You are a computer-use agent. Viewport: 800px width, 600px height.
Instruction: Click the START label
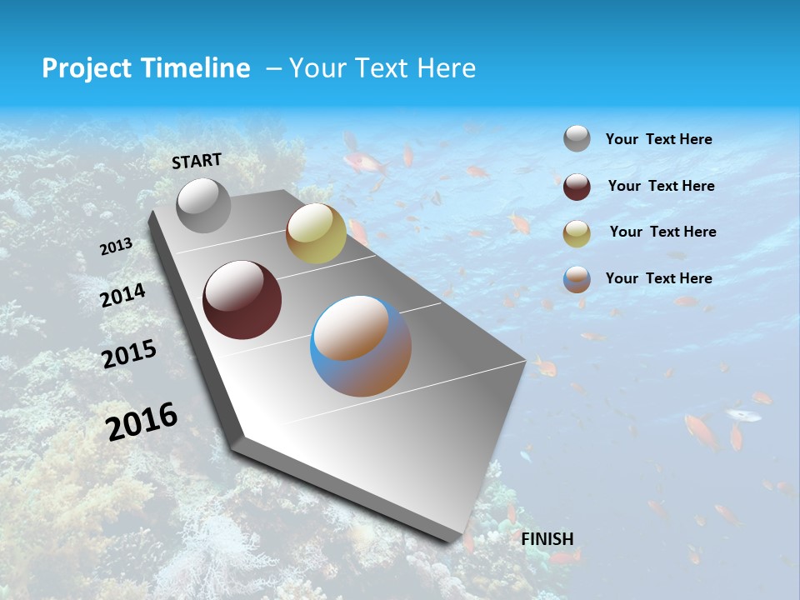(197, 161)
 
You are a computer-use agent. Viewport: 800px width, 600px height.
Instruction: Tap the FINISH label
(547, 539)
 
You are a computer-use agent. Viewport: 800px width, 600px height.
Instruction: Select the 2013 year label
(116, 247)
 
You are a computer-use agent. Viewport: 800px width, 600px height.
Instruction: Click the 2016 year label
(142, 422)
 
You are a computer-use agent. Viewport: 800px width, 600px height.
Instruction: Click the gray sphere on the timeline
(203, 205)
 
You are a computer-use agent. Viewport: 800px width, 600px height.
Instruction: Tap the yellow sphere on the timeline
(316, 233)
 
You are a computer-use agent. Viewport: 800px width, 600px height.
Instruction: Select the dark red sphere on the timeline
(242, 300)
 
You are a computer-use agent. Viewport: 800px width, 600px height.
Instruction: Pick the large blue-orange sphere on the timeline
(361, 346)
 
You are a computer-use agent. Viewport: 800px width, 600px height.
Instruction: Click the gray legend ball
(577, 138)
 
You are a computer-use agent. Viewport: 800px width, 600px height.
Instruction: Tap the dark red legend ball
(577, 186)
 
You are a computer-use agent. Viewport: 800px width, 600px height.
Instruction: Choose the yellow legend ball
(577, 232)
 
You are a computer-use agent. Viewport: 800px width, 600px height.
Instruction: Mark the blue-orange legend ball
(577, 279)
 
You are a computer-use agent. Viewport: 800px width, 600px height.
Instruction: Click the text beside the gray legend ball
(658, 139)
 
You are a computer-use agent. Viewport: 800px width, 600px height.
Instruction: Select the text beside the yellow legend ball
(662, 232)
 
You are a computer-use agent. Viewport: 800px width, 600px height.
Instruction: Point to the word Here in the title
(446, 68)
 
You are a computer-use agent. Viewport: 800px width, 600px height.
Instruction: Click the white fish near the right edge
(742, 414)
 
